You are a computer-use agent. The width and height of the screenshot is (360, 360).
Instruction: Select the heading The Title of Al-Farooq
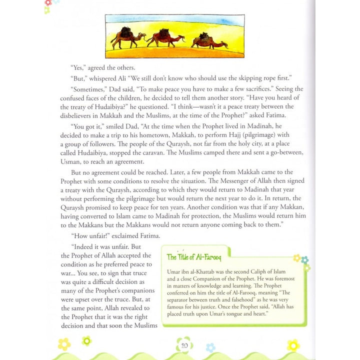click(x=193, y=257)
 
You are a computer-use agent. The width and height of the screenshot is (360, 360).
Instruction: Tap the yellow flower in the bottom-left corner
click(x=64, y=344)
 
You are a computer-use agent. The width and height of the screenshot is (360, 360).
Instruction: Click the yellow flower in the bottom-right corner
click(x=293, y=344)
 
